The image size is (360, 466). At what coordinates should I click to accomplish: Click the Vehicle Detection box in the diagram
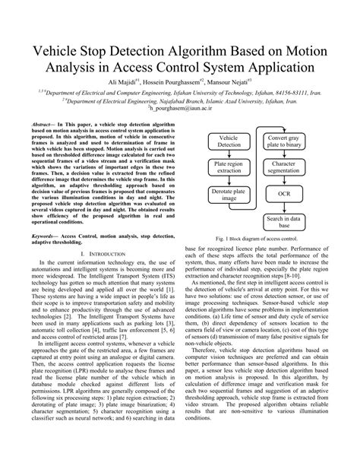click(228, 141)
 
